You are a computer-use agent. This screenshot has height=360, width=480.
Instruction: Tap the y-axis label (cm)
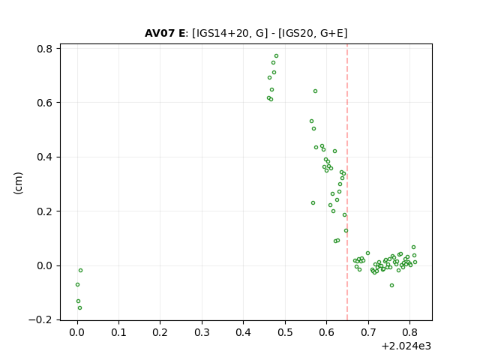coord(18,183)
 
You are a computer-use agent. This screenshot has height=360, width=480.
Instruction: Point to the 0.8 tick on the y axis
coord(45,49)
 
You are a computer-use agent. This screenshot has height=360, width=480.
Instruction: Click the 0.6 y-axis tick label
coord(45,103)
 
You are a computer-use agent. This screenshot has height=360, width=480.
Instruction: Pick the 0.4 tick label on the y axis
coord(45,157)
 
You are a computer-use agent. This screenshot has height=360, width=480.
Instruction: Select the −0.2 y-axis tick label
coord(40,320)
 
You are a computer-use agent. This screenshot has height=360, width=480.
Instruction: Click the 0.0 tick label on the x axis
coord(77,332)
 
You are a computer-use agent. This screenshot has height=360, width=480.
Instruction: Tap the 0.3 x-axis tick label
coord(202,332)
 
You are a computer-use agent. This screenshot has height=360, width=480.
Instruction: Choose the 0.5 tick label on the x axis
coord(285,332)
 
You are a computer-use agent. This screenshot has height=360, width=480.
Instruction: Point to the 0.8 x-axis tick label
coord(409,332)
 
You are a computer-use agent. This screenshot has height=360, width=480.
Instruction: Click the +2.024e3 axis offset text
coord(406,346)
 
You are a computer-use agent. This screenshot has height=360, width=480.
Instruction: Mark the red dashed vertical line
coord(347,182)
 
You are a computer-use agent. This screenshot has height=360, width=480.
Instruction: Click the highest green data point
coord(277,56)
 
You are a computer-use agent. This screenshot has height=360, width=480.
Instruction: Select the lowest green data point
coord(80,308)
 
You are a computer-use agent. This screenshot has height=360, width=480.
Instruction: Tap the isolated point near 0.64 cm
coord(315,91)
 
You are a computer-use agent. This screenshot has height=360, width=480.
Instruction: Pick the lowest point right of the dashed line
coord(391,286)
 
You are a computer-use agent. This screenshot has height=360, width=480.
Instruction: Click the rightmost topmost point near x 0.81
coord(413,247)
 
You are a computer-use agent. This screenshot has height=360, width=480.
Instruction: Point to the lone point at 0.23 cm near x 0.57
coord(313,203)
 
